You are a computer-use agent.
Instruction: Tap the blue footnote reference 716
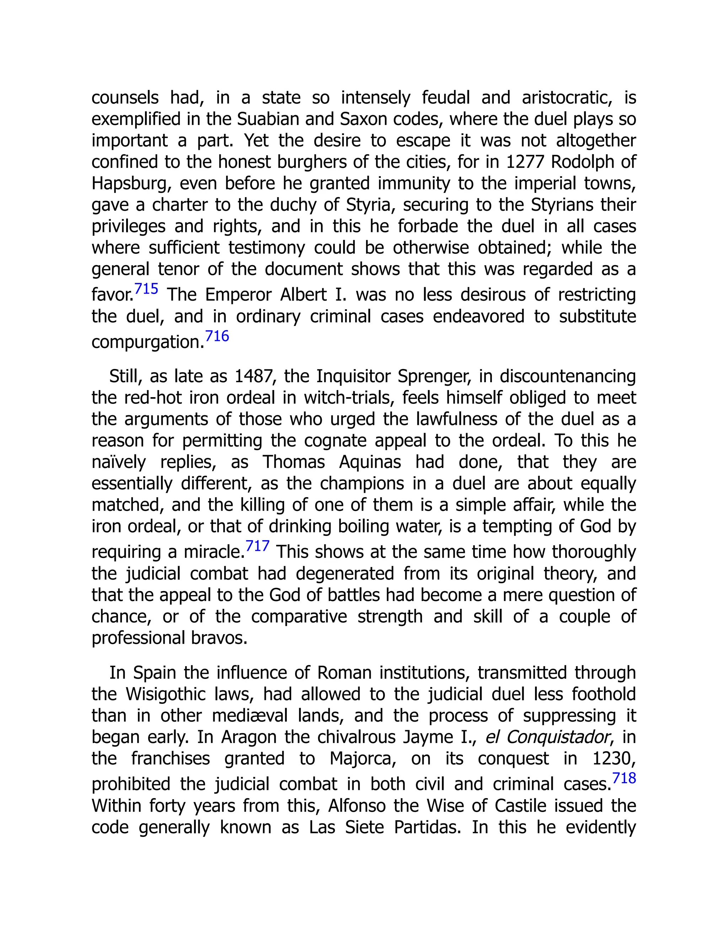click(x=217, y=336)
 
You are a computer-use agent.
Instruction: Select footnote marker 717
click(x=257, y=546)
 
